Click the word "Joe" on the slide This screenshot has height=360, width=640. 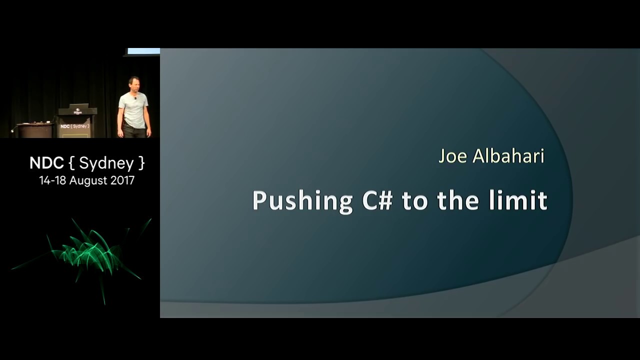tap(453, 156)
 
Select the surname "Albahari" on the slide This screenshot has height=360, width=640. tap(508, 156)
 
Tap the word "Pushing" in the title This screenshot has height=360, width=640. tap(302, 201)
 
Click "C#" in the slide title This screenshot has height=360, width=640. tap(377, 200)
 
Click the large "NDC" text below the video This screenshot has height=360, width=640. tap(46, 163)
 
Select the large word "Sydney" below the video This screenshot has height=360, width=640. tap(106, 163)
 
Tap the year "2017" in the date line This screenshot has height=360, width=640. tap(122, 180)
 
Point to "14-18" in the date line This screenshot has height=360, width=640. tap(53, 180)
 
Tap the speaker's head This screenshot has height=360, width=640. tap(133, 84)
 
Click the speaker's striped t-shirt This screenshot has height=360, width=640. tap(133, 110)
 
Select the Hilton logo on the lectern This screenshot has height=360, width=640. tap(77, 111)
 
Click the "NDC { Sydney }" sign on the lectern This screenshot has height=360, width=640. tap(75, 126)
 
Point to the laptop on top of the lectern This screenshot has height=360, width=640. tap(79, 105)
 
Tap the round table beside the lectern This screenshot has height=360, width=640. tap(35, 130)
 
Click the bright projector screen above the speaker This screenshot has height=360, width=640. tap(143, 51)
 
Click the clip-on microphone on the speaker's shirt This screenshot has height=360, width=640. tap(135, 98)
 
